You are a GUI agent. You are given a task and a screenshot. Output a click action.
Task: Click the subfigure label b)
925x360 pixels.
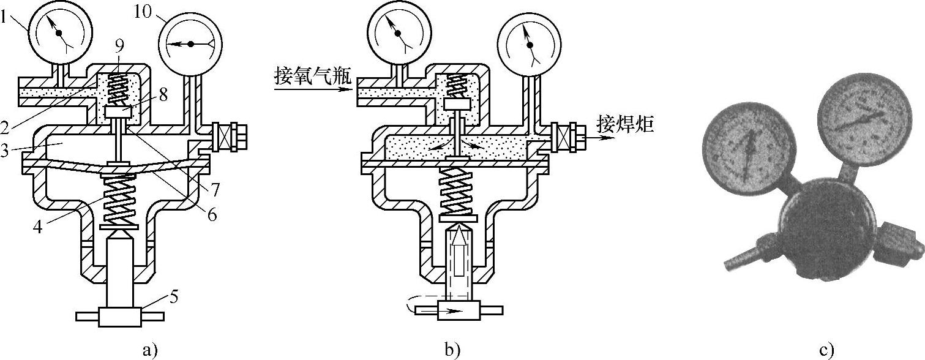coord(452,350)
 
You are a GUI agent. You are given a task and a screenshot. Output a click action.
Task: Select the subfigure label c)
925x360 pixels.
coord(826,350)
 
